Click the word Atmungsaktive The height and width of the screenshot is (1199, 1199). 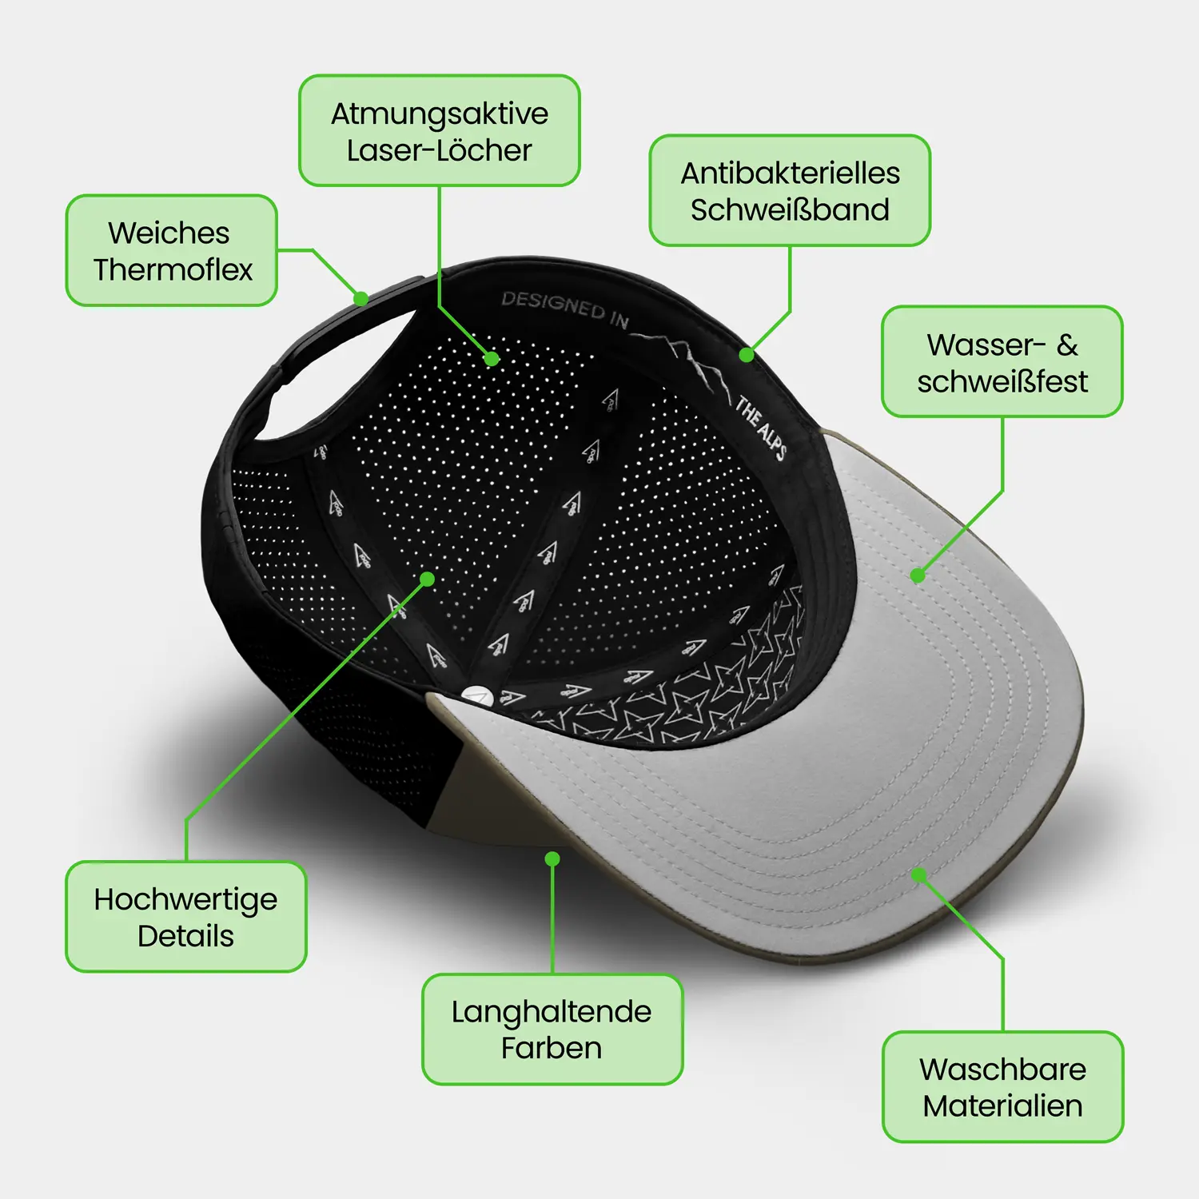point(440,114)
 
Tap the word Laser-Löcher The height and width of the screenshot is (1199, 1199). point(440,150)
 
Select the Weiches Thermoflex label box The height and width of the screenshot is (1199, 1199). point(172,250)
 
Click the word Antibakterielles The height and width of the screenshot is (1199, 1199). point(791,173)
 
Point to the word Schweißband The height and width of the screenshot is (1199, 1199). point(791,209)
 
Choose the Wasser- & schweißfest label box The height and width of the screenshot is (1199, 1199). point(1002,361)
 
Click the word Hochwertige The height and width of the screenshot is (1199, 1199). point(185,900)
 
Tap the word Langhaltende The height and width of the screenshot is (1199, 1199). point(552,1012)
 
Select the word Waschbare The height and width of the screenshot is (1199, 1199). point(1002,1069)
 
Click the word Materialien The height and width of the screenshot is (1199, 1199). point(1002,1105)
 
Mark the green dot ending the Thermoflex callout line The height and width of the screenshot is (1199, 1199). point(361,299)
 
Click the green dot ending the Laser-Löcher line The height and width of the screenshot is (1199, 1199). point(492,359)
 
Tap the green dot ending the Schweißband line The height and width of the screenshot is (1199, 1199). point(747,354)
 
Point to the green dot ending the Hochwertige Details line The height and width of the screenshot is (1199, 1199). point(428,579)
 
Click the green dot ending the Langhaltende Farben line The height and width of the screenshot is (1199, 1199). point(552,859)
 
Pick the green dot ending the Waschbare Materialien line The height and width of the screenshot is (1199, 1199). point(919,875)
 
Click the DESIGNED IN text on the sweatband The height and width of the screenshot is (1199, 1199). point(564,309)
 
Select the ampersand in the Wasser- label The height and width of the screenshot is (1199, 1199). point(1067,345)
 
